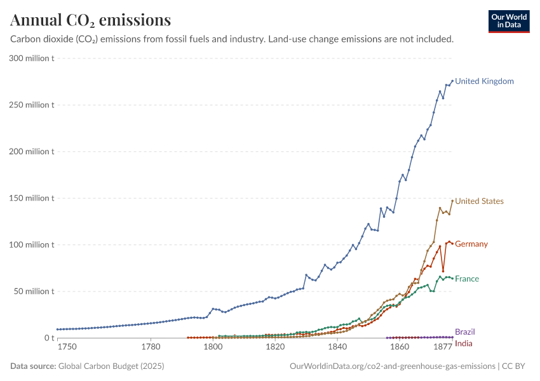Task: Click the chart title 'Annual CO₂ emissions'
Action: (91, 20)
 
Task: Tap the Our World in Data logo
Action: (509, 21)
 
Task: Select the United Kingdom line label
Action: (484, 81)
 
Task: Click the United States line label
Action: (479, 201)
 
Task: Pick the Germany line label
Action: (471, 244)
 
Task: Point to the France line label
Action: (467, 279)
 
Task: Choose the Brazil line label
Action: (464, 331)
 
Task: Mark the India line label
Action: (464, 344)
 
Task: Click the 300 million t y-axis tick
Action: (30, 58)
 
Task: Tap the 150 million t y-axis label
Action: (30, 198)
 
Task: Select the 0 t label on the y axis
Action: (48, 338)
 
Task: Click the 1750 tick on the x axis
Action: (67, 347)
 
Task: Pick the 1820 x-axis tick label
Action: (275, 347)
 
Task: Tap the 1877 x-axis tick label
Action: (443, 347)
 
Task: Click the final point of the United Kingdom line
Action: (452, 81)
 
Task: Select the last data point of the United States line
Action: (452, 201)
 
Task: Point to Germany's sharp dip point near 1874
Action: (443, 271)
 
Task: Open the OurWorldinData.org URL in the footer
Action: (392, 366)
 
